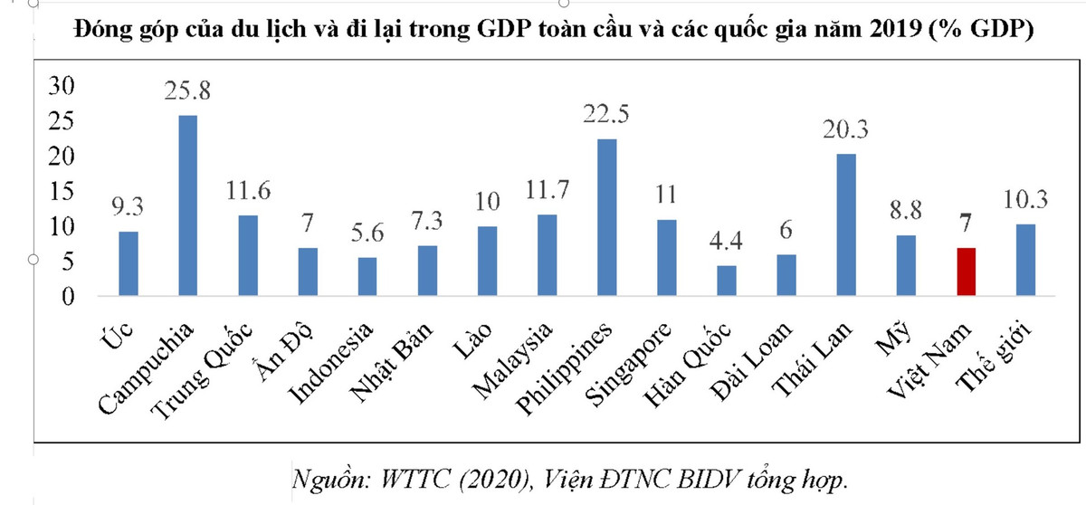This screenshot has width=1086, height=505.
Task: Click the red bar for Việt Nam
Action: pos(967,272)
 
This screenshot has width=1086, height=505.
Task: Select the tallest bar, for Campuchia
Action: pos(188,205)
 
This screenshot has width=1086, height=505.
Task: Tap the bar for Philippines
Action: pos(607,217)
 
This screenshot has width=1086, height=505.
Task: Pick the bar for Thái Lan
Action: pos(846,225)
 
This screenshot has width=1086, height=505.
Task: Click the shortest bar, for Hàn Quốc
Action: pos(727,281)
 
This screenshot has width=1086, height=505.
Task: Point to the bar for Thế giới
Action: pos(1025,260)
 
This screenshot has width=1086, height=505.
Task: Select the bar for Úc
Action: pos(129,263)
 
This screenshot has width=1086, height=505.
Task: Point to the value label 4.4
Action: pos(727,242)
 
